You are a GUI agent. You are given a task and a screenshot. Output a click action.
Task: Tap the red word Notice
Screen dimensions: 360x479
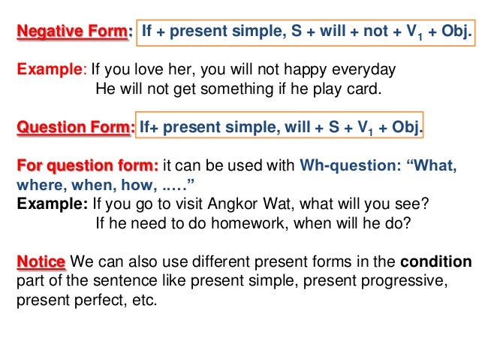[x=41, y=262]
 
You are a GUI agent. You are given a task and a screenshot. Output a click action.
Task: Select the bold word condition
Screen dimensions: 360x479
[x=435, y=262]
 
